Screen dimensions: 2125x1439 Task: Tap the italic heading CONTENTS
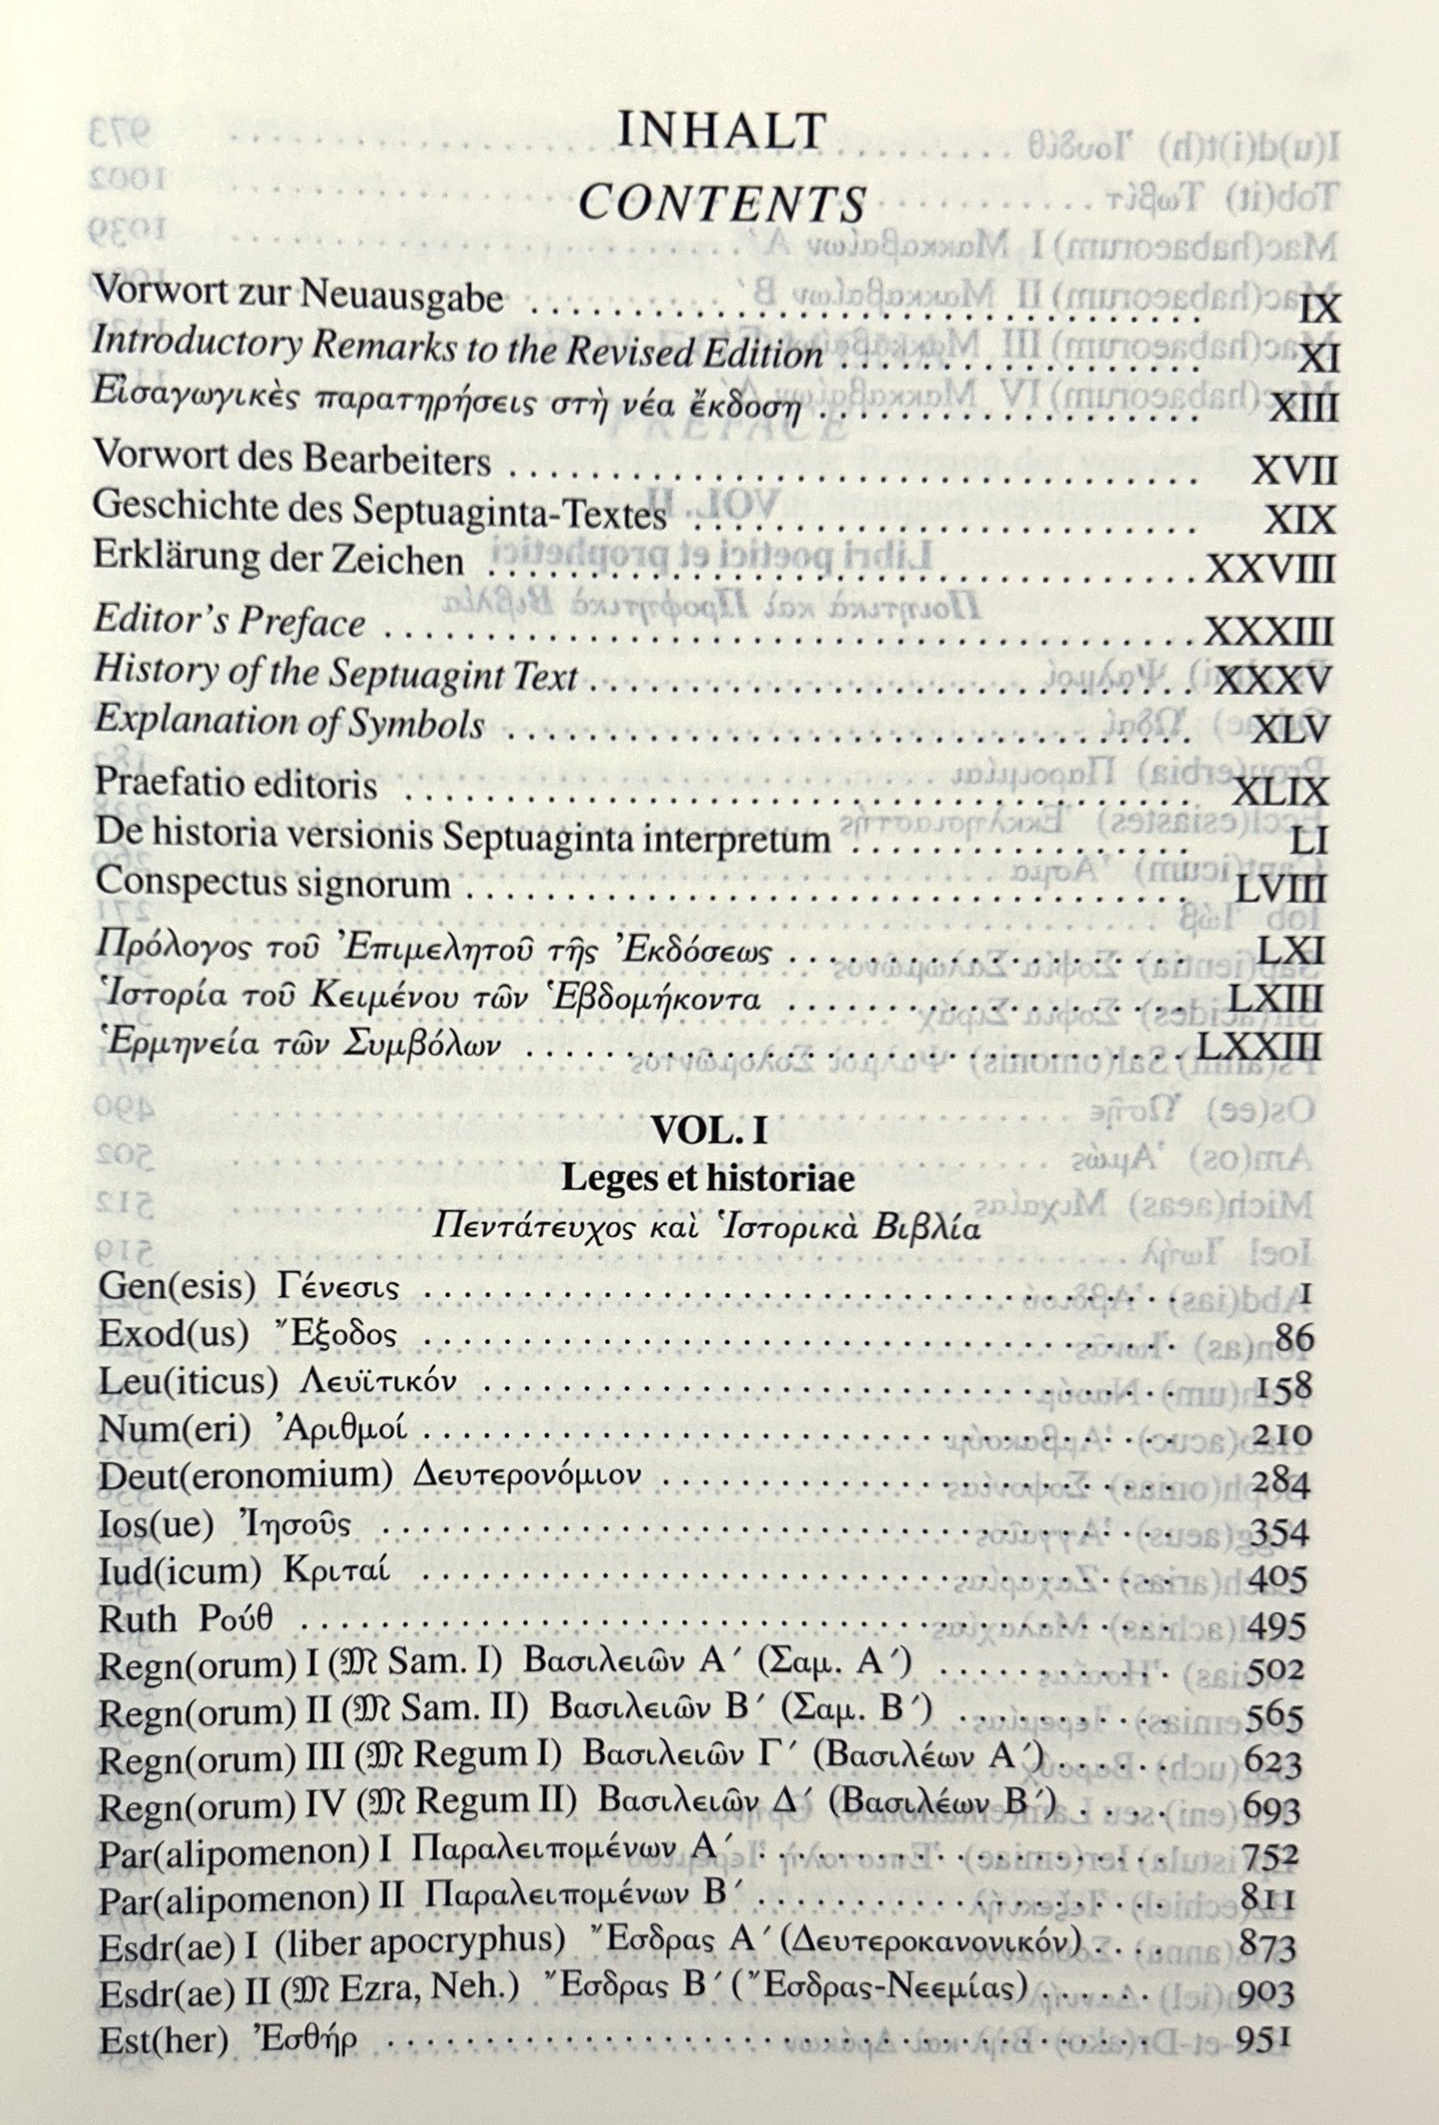coord(722,205)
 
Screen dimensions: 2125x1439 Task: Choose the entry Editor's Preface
coord(230,623)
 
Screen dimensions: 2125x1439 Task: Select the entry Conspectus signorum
coord(273,885)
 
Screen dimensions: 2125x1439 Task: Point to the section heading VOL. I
coord(708,1135)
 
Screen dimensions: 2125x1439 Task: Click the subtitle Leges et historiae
coord(709,1179)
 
